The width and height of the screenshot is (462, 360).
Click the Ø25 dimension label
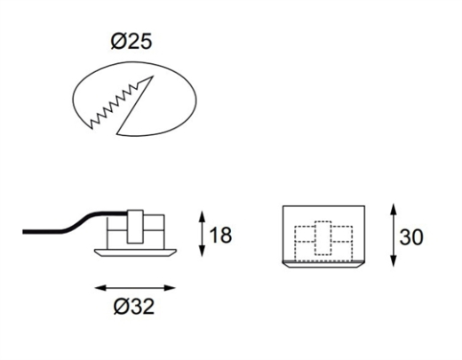tap(131, 41)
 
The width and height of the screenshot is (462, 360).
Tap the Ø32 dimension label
tap(134, 306)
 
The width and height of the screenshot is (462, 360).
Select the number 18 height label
tap(220, 235)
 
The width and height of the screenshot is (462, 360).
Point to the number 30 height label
tap(411, 237)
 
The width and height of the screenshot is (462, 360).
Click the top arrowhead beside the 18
tap(202, 217)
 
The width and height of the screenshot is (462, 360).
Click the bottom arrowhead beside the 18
tap(202, 251)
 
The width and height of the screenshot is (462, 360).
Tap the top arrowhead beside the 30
tap(393, 210)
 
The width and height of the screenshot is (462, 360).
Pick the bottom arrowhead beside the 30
tap(393, 260)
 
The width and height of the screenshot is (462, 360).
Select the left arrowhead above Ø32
tap(101, 288)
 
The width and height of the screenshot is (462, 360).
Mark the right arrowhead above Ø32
tap(170, 288)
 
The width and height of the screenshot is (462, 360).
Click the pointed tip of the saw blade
tap(153, 76)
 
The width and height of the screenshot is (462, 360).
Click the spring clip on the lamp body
tap(135, 227)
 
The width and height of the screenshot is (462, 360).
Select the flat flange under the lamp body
tap(135, 252)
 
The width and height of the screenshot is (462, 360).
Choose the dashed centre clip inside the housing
tap(323, 237)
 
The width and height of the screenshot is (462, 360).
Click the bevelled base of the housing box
tap(323, 264)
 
